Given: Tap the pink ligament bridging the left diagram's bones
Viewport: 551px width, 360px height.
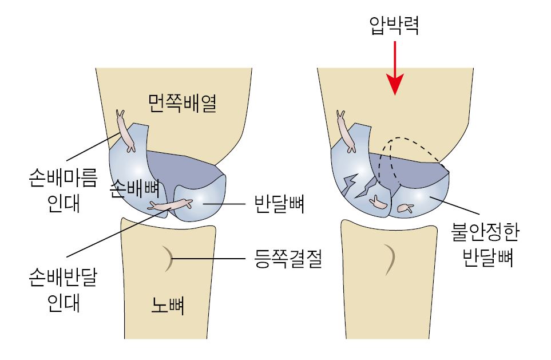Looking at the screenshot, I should (170, 204).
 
